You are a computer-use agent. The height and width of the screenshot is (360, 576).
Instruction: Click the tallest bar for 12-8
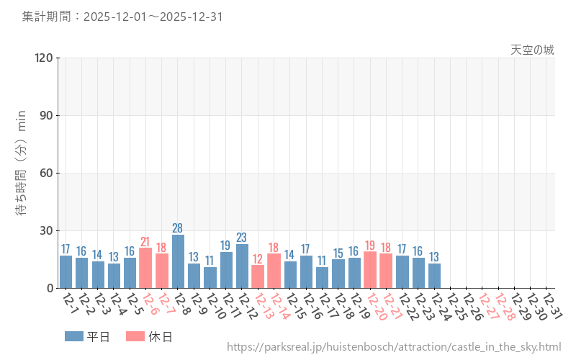(178, 261)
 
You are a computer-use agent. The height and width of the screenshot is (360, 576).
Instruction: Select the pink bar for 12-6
(145, 268)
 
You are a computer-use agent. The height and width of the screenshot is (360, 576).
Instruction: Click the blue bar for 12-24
(434, 276)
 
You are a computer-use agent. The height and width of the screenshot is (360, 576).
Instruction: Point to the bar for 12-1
(66, 271)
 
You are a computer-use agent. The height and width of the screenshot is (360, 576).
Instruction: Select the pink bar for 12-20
(370, 270)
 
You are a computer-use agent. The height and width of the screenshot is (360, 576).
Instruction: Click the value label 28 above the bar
(178, 228)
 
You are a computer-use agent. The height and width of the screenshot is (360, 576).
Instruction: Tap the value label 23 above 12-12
(242, 238)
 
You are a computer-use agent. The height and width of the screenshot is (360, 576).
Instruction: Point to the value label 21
(145, 242)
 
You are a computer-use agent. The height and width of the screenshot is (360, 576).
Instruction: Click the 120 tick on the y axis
(44, 58)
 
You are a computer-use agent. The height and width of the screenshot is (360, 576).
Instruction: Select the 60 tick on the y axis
(47, 173)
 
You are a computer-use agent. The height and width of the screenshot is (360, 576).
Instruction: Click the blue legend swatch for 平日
(74, 336)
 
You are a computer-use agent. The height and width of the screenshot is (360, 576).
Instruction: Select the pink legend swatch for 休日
(135, 336)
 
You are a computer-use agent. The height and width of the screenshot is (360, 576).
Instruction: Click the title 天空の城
(533, 50)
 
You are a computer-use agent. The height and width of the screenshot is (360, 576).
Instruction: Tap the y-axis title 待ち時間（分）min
(22, 173)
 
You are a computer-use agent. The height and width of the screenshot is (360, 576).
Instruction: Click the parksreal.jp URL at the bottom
(394, 347)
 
